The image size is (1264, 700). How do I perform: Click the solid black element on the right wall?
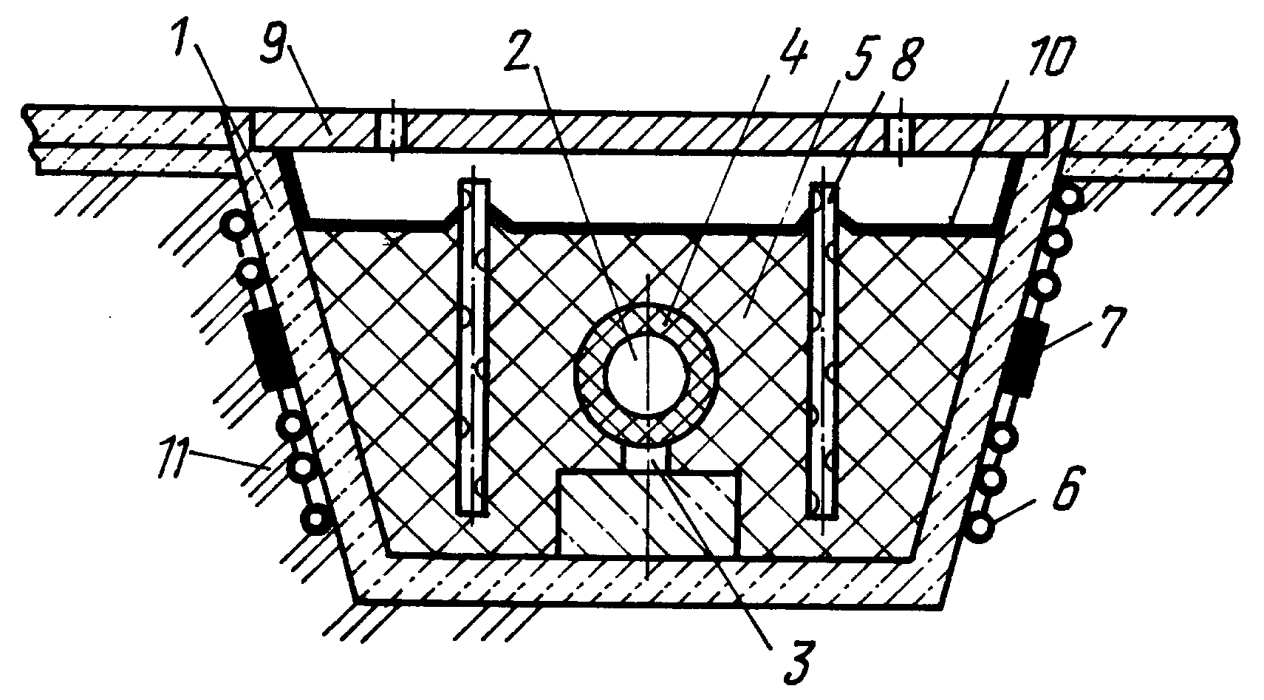(1025, 359)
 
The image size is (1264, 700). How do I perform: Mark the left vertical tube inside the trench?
(473, 347)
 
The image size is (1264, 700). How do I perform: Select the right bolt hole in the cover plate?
(901, 136)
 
